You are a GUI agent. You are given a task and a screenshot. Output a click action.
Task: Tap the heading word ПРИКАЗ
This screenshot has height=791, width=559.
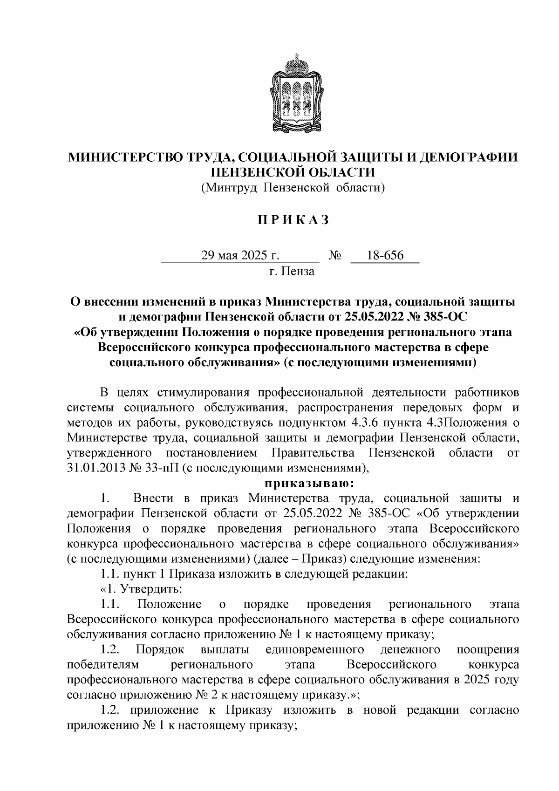(x=293, y=219)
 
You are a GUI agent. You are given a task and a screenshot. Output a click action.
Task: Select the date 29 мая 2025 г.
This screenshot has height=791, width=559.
(x=240, y=256)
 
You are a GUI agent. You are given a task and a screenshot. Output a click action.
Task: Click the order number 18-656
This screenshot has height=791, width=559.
(x=385, y=256)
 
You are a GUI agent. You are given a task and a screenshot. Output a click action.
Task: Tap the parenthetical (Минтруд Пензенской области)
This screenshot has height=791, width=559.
(x=293, y=188)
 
